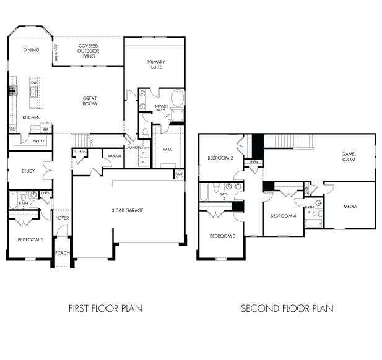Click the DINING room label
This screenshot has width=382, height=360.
[31, 50]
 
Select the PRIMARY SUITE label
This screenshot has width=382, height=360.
[155, 64]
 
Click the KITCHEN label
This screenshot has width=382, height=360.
[32, 117]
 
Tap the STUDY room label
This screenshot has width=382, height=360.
[27, 171]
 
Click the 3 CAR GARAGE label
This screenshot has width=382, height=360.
[128, 210]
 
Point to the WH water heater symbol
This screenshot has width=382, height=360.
[180, 174]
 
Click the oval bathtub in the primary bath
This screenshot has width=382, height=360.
[177, 99]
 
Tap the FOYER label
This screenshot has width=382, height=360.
[62, 218]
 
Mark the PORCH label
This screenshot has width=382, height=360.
[62, 252]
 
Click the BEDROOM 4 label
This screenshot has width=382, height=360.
[284, 216]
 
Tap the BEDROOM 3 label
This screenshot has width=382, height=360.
[222, 236]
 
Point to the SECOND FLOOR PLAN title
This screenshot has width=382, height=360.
[287, 308]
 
